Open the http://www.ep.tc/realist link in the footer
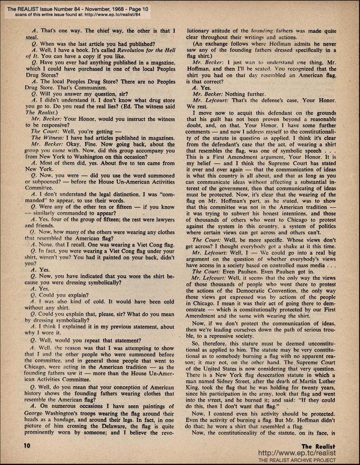[x=297, y=453]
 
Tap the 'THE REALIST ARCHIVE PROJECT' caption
[x=297, y=460]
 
